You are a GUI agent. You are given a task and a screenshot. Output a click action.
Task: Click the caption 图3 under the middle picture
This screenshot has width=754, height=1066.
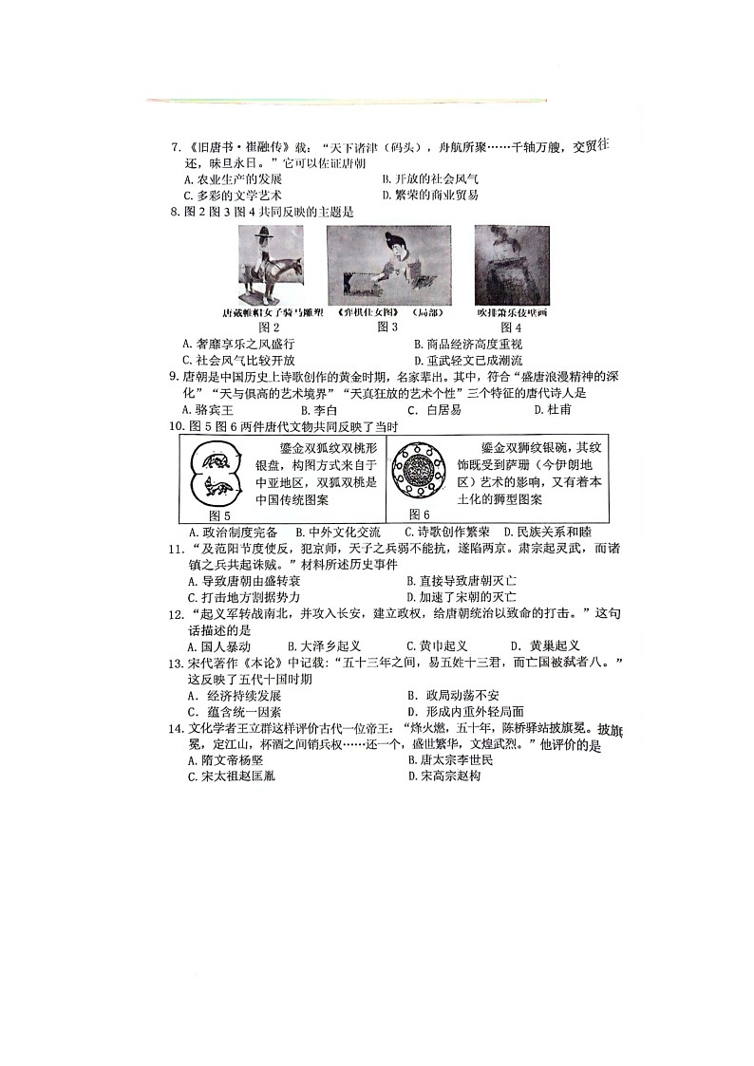[386, 327]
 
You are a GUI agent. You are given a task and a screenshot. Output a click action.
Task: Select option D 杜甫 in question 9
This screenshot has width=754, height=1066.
[552, 410]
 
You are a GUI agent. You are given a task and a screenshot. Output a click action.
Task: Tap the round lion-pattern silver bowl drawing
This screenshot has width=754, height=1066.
[420, 472]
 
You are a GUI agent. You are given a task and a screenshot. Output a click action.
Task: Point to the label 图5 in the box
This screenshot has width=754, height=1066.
[219, 514]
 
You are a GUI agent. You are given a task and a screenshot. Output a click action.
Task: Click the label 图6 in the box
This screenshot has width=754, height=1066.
[420, 514]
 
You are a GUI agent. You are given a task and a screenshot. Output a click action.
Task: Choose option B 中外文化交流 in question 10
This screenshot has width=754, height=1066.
[337, 533]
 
